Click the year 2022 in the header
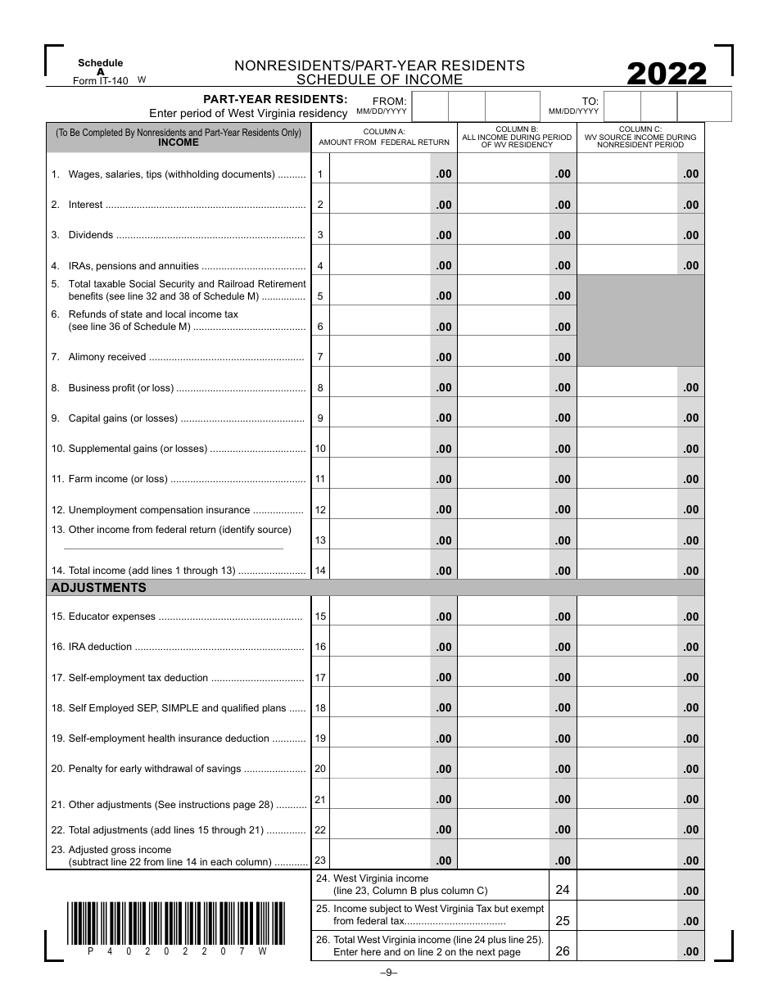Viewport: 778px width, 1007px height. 667,75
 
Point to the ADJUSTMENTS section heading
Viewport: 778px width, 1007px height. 99,588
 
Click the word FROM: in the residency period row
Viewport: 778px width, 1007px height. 390,102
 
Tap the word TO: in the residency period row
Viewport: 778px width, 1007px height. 590,102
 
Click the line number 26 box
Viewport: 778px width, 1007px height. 563,951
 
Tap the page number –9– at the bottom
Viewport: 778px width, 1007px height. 388,973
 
